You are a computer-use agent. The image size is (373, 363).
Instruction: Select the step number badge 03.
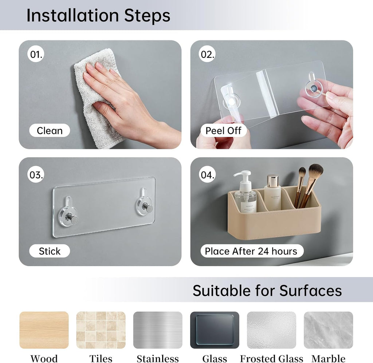click(36, 174)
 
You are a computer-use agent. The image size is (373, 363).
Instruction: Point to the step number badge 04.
click(207, 174)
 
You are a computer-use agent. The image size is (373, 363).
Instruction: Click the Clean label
click(50, 130)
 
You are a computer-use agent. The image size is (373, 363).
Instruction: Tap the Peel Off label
click(223, 130)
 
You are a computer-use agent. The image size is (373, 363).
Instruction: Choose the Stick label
click(50, 251)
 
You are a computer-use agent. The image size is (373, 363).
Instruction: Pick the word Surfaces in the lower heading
click(311, 291)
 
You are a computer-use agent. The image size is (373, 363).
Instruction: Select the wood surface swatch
click(44, 330)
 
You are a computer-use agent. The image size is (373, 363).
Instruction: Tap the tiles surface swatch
click(101, 330)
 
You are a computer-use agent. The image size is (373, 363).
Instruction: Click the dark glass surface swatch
click(215, 330)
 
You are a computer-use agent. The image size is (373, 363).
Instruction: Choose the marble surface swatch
click(329, 330)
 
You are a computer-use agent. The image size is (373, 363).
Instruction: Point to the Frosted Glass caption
click(271, 358)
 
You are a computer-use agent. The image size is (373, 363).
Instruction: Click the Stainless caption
click(158, 358)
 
